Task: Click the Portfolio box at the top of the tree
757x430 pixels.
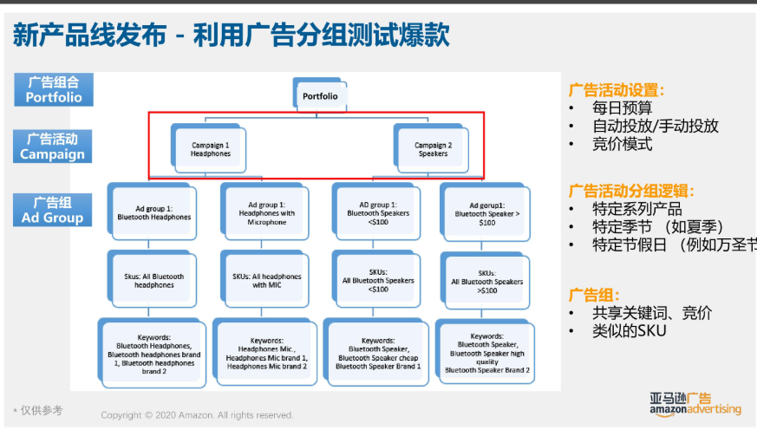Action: (320, 96)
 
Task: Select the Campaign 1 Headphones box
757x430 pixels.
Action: (211, 149)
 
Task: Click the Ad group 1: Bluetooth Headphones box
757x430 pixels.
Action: (153, 212)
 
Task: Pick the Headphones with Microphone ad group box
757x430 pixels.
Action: (266, 212)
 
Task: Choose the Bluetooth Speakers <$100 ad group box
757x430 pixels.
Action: (378, 212)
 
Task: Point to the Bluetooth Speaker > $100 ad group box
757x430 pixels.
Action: (486, 212)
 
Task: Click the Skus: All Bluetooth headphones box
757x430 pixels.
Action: (153, 280)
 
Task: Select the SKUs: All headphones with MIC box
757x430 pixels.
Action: (266, 280)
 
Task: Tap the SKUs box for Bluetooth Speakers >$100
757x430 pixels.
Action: (486, 281)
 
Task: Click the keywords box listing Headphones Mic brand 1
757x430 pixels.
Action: (266, 351)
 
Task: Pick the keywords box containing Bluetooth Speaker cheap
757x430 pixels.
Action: (378, 351)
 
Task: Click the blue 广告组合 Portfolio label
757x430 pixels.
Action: (54, 89)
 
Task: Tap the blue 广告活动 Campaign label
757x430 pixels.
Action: (54, 147)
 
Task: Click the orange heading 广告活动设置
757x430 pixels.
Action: (617, 89)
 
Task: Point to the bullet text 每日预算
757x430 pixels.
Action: (623, 108)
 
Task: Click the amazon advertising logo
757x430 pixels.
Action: (695, 403)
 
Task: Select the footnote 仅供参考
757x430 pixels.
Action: (39, 410)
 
